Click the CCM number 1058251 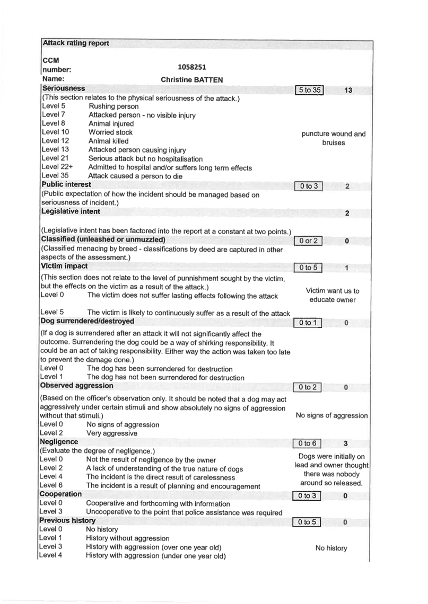click(x=191, y=67)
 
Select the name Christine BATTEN click(x=191, y=79)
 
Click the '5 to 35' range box click(x=309, y=90)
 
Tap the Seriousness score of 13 click(x=348, y=90)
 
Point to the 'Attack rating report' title click(x=75, y=43)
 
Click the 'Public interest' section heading click(x=66, y=184)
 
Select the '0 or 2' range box click(x=308, y=241)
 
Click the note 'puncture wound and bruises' click(x=334, y=138)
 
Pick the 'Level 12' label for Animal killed click(x=56, y=140)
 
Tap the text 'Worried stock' click(x=110, y=132)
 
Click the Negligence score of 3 click(x=345, y=443)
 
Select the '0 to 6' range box click(x=307, y=443)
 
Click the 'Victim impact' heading click(x=64, y=266)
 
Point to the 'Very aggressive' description click(x=112, y=433)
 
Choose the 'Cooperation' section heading click(x=60, y=494)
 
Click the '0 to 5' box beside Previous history click(x=307, y=522)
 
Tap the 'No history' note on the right click(x=331, y=548)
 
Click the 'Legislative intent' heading click(x=71, y=211)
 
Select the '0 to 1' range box click(x=308, y=323)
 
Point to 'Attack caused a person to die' click(x=135, y=176)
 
